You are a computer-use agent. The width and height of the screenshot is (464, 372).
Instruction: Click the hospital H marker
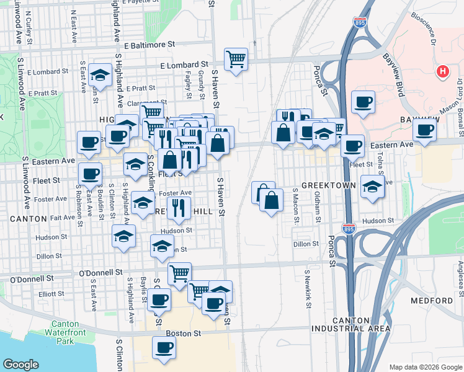442,72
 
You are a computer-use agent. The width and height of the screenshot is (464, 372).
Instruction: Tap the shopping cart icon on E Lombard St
236,60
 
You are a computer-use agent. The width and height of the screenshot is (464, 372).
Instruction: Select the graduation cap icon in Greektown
372,186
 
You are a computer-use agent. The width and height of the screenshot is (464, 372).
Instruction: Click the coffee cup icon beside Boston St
164,348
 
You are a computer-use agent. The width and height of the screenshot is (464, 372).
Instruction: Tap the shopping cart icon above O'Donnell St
179,273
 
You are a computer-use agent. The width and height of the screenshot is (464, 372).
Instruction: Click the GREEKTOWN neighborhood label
329,185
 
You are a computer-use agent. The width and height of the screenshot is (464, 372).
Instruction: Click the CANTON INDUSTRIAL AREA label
359,324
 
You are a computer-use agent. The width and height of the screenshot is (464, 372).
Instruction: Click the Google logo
20,365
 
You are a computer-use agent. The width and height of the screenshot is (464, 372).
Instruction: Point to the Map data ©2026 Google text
425,366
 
